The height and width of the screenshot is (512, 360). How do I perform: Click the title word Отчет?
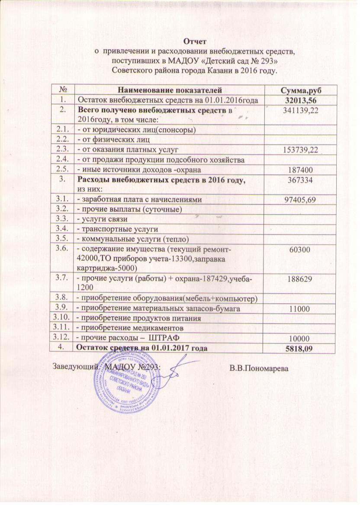click(x=191, y=42)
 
